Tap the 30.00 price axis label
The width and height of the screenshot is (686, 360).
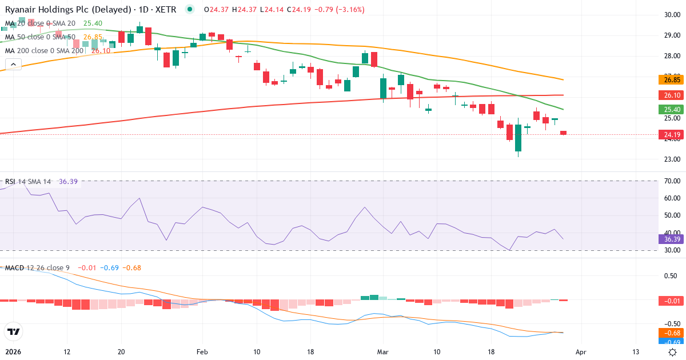(669, 15)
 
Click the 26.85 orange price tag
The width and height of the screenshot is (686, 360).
(669, 79)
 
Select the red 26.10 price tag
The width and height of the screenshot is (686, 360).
(669, 95)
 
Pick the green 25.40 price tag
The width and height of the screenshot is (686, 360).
(669, 109)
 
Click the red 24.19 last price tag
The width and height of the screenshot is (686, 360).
(669, 135)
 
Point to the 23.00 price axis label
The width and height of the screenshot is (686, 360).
(669, 159)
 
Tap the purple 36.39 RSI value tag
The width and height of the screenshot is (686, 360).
(669, 239)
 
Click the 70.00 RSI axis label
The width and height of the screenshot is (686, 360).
(669, 181)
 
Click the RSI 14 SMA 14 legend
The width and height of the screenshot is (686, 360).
(29, 182)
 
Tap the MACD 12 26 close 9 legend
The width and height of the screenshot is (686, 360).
(38, 267)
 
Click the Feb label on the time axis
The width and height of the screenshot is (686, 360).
(201, 353)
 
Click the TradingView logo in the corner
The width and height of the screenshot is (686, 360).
(14, 331)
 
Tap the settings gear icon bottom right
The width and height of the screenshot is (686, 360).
(673, 353)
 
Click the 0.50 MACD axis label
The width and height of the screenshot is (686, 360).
(669, 276)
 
